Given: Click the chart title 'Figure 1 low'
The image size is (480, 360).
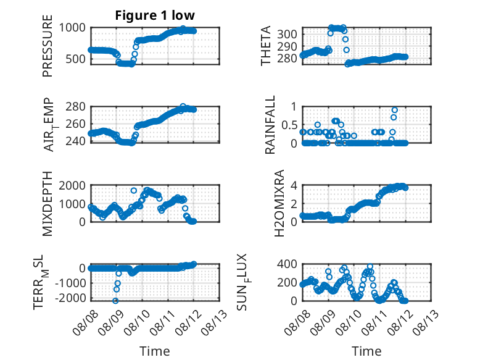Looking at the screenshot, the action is (155, 15).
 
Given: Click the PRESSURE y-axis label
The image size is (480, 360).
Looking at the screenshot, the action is (48, 46).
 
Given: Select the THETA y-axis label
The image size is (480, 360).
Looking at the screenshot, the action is (266, 46).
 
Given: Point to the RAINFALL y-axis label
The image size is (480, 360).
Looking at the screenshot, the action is (270, 125).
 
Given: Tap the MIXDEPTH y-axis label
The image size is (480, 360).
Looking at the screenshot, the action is (48, 204).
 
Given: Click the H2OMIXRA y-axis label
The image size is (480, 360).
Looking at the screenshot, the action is (279, 203).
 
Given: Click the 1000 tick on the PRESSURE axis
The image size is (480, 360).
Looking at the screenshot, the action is (72, 28).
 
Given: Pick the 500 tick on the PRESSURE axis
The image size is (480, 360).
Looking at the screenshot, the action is (76, 59).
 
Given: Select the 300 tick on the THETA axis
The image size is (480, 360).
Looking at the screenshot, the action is (287, 34).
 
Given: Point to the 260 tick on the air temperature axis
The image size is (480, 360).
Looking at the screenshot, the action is (76, 123).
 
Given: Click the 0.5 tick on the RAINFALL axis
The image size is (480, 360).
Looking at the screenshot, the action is (289, 125).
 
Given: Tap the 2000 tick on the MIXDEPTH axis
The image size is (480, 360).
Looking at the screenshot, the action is (72, 186).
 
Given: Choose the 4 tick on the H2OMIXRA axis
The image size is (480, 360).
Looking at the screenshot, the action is (294, 185).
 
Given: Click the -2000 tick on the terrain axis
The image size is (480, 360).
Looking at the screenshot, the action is (71, 298).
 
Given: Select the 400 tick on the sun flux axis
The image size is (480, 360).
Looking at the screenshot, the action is (287, 264).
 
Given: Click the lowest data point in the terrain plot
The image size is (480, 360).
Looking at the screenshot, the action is (115, 301).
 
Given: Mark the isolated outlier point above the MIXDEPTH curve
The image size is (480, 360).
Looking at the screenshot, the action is (134, 191).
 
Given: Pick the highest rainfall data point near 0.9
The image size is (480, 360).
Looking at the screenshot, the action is (395, 110).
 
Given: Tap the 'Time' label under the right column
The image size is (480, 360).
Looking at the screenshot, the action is (366, 351).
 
